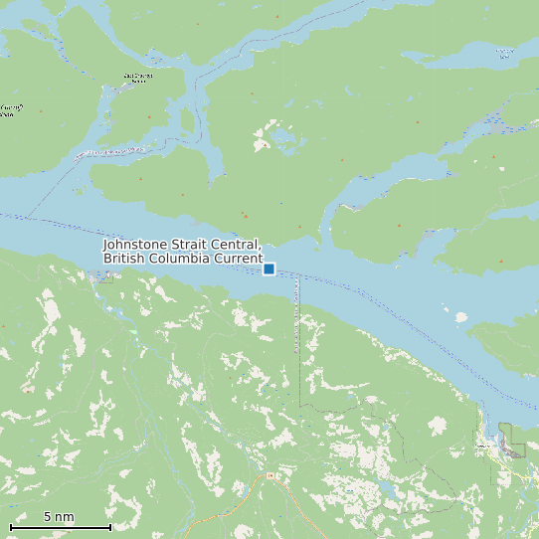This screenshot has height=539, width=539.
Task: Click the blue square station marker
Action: [x=269, y=269]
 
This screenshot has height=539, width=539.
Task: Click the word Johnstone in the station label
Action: [x=138, y=245]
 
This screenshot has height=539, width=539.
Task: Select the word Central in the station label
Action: [x=239, y=245]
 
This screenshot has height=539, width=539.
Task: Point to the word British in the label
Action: [x=125, y=259]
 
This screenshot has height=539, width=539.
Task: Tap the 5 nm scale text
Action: [x=59, y=517]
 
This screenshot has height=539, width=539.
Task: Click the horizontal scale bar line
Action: [x=60, y=527]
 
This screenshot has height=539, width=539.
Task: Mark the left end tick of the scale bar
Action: [x=11, y=527]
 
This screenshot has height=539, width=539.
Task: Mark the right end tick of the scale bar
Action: [x=109, y=527]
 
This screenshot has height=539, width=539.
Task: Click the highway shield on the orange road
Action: [x=269, y=477]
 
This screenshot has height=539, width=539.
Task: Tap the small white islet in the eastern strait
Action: [x=460, y=318]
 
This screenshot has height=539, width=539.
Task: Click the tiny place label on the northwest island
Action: [x=138, y=77]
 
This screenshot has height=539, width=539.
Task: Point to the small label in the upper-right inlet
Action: [x=504, y=51]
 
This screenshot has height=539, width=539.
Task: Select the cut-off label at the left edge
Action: [x=8, y=109]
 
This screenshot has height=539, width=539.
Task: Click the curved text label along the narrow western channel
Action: [x=109, y=152]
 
